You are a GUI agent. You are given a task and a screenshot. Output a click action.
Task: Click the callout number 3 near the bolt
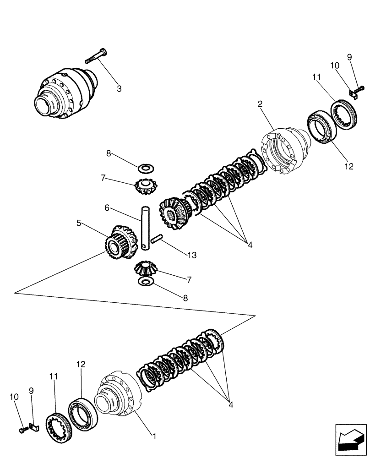pos(119,89)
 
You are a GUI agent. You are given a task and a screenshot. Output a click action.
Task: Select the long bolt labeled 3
pos(96,57)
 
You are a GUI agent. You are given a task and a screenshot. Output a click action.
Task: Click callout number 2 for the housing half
pos(260,104)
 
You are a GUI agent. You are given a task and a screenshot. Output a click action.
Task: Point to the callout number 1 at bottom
pos(155,436)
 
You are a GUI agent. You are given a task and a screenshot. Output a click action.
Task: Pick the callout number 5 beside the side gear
pos(79,223)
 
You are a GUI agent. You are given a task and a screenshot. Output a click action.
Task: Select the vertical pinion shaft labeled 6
pos(145,227)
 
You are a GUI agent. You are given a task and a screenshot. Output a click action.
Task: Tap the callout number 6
pos(107,207)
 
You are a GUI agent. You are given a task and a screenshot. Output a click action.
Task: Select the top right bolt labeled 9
pos(359,87)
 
